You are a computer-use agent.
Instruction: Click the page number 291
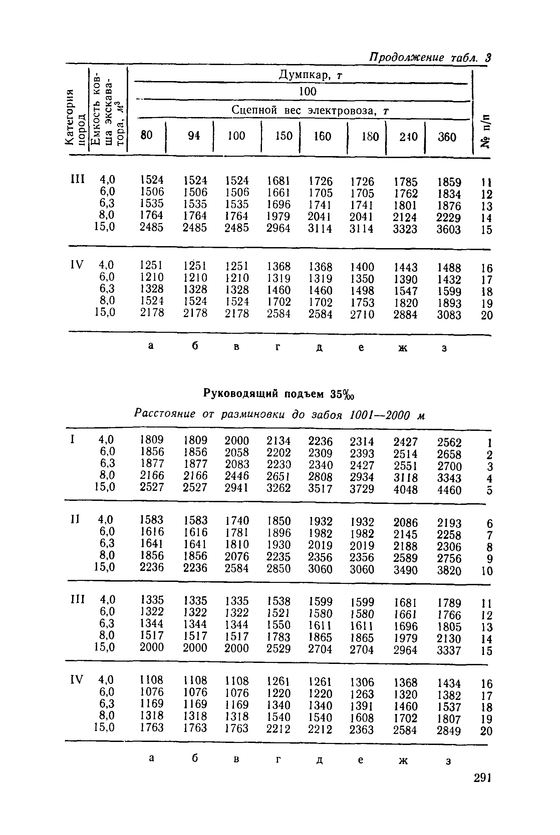click(483, 778)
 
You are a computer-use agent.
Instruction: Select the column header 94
click(194, 136)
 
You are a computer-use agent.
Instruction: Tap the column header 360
click(447, 137)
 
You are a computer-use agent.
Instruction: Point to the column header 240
click(408, 136)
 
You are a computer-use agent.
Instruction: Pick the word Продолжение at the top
click(406, 57)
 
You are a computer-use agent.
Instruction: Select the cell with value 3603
click(449, 229)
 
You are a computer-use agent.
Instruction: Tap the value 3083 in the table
click(449, 315)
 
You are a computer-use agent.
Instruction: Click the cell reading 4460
click(449, 490)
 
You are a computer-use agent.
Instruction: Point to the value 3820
click(449, 570)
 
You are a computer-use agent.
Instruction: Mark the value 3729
click(362, 489)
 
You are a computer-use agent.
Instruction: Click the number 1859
click(449, 182)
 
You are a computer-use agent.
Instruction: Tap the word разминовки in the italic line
click(253, 414)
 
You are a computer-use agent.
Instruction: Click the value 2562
click(449, 443)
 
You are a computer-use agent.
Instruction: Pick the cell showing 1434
click(449, 683)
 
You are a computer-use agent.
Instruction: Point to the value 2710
click(362, 314)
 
